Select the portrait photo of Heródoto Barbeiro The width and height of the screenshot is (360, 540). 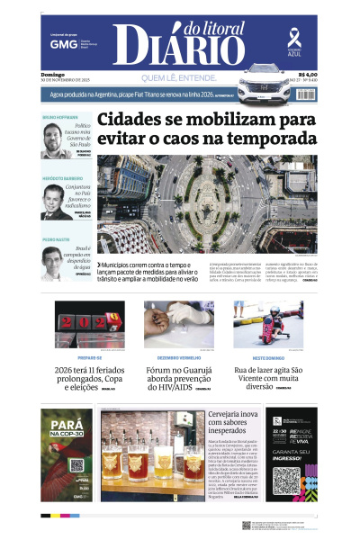(58, 201)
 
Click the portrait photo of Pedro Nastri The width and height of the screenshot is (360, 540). (58, 262)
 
